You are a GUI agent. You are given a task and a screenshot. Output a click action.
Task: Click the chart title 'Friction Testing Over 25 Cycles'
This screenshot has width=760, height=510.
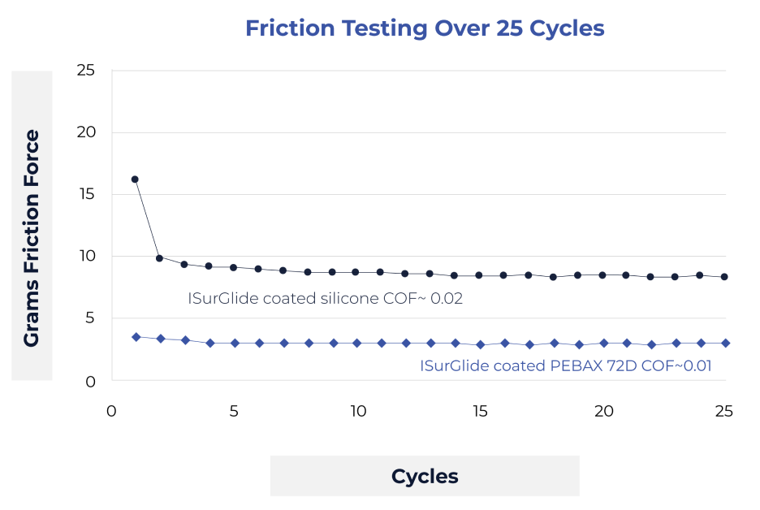coord(425,28)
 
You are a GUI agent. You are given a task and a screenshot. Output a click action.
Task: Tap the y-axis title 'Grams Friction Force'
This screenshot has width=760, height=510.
coord(32,238)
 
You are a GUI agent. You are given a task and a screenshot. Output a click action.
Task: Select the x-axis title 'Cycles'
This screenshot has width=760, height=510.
coord(425,476)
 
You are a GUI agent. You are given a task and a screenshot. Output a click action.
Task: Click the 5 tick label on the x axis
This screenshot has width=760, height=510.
coord(234,411)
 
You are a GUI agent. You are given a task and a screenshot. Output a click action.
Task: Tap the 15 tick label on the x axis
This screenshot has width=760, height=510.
coord(480,411)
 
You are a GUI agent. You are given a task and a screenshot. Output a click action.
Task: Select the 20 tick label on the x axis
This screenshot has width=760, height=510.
coord(602,411)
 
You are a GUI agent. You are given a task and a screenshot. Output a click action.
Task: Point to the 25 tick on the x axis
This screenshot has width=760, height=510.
coord(724,411)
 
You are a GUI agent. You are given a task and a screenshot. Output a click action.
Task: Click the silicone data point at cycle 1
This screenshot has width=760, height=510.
coord(135,179)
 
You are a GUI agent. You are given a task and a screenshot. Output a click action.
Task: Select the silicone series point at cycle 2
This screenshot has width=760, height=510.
coord(159,258)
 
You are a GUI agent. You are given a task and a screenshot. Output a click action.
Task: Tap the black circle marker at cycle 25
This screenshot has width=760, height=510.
coord(724,277)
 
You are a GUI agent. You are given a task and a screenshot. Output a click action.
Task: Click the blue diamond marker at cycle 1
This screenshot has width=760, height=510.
coord(136,337)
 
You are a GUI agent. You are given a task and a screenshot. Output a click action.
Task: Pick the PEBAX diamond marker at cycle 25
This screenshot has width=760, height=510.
coord(725,344)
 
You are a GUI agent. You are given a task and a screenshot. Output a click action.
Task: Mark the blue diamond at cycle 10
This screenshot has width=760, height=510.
coord(356,344)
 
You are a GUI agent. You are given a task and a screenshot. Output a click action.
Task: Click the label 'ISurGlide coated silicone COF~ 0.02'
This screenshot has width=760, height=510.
coord(325,299)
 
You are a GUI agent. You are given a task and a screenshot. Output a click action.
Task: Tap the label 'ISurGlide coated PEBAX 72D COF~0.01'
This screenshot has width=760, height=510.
coord(565,366)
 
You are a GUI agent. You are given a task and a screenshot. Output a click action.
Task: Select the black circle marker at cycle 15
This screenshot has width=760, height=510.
coord(479,276)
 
